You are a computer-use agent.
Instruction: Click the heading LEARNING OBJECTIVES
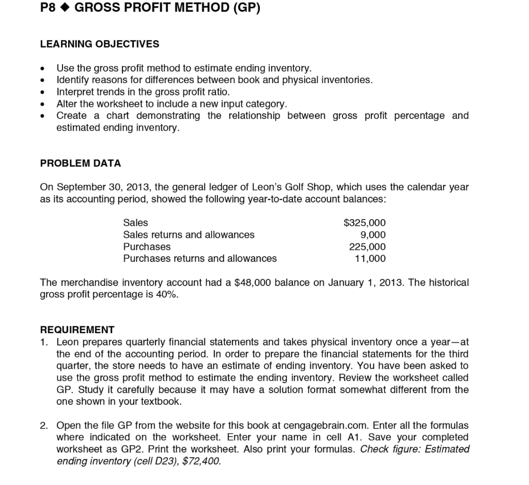100,44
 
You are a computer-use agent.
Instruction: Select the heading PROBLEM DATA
81,163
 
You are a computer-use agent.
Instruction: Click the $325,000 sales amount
365,223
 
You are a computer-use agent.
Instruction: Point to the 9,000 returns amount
373,235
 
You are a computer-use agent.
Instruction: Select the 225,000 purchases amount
367,247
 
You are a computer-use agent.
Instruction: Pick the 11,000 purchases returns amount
370,258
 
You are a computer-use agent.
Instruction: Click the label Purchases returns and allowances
199,258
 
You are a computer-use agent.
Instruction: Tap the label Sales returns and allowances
189,235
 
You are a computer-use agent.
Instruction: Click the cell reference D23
179,461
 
